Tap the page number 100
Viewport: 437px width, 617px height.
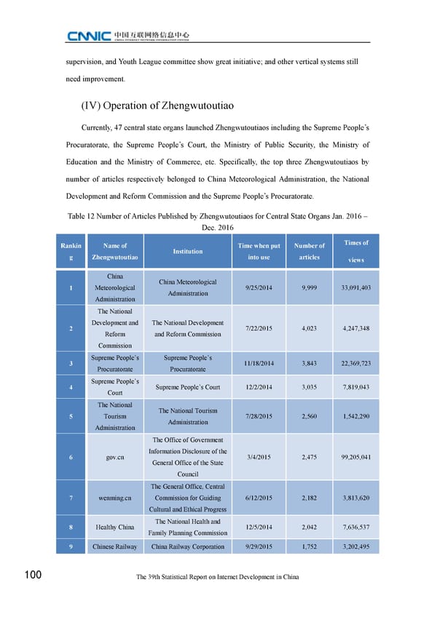[x=31, y=576]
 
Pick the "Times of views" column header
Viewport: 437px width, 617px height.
[x=355, y=251]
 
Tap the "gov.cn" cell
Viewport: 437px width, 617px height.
[x=115, y=457]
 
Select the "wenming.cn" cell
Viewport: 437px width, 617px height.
[x=115, y=498]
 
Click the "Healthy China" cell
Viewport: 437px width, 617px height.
[x=115, y=527]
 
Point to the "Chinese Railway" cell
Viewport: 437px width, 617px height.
[x=115, y=546]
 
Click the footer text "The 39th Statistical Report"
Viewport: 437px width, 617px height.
[x=218, y=577]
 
